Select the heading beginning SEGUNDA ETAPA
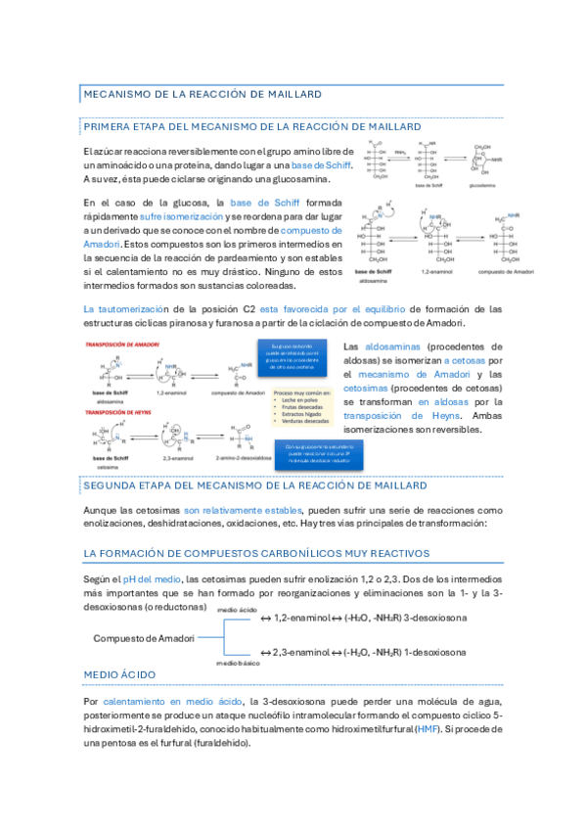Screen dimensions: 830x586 point(254,485)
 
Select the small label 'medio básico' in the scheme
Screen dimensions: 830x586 point(238,663)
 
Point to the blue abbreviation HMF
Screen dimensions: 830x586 point(427,729)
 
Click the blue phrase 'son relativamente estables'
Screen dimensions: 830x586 point(245,510)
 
